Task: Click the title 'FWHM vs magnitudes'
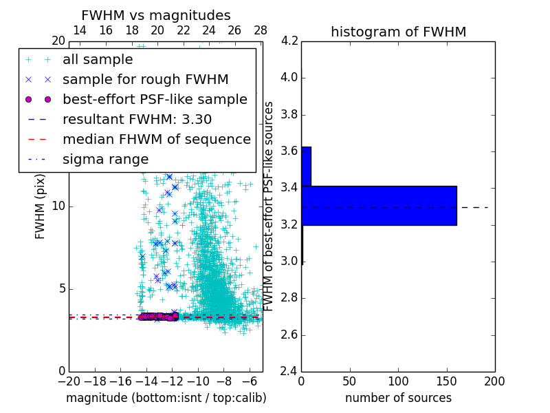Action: point(156,15)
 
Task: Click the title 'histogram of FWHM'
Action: point(398,32)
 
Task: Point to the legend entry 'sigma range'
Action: point(105,159)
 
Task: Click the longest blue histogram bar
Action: point(379,205)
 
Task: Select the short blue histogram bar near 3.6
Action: point(306,166)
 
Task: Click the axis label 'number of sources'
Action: point(398,398)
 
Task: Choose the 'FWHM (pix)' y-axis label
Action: point(41,207)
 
